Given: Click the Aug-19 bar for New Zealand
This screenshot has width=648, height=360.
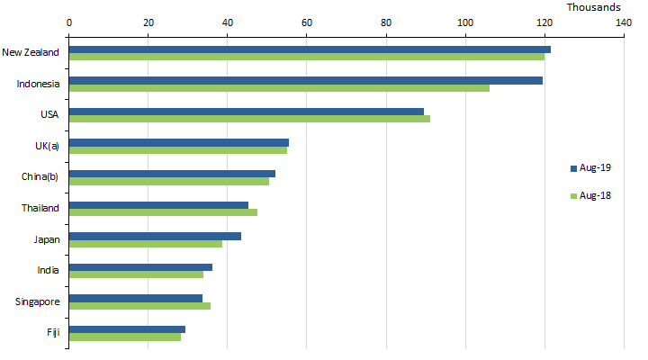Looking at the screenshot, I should [310, 49].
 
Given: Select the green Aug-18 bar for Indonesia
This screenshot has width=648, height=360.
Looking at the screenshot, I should [279, 87].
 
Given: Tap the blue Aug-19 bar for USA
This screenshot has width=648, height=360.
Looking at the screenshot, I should [247, 112].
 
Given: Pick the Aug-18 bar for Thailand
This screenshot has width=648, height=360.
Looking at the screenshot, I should [163, 212].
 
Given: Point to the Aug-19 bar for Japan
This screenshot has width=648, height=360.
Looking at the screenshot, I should [155, 236].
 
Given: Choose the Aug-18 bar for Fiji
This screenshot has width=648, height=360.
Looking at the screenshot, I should [125, 337].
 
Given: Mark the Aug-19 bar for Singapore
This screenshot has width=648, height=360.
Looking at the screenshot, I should [136, 298].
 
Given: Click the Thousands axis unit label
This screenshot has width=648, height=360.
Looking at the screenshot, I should [593, 6].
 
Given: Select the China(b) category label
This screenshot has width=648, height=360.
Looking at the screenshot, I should [40, 175].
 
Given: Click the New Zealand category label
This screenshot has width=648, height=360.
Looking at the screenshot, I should [31, 52].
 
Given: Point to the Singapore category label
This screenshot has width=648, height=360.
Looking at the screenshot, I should [38, 301].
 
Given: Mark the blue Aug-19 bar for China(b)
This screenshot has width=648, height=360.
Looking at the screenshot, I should [172, 174].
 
